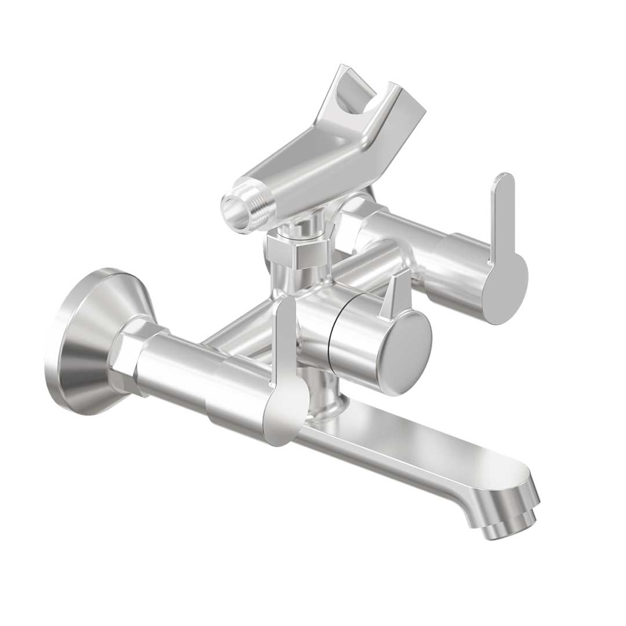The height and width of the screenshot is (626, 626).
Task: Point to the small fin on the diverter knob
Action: [x=395, y=296]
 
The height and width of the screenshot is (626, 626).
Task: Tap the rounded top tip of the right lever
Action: [x=503, y=180]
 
